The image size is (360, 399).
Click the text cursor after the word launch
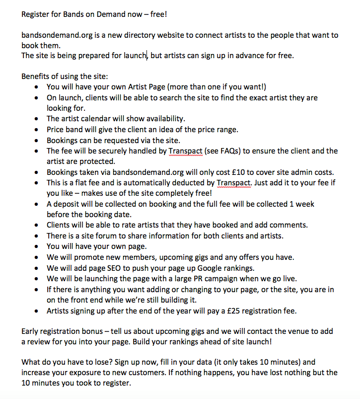[x=147, y=55]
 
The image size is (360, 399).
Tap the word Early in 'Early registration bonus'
[x=31, y=331]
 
